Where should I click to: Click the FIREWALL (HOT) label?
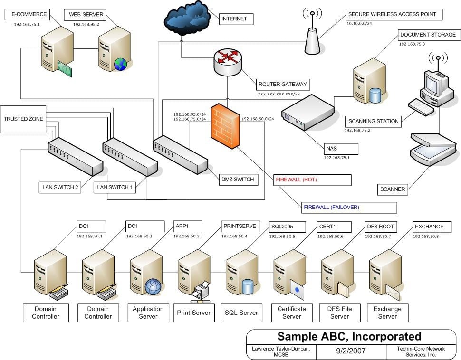[x=313, y=180]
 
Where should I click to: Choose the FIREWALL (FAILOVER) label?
[x=349, y=208]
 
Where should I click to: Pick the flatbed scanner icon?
[x=433, y=149]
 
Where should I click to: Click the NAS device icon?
[x=308, y=113]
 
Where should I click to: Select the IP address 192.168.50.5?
[x=282, y=236]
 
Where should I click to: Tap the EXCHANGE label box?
[x=430, y=227]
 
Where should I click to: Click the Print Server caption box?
[x=194, y=313]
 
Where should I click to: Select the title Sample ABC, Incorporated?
[x=349, y=337]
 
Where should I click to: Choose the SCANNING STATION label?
[x=373, y=121]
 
